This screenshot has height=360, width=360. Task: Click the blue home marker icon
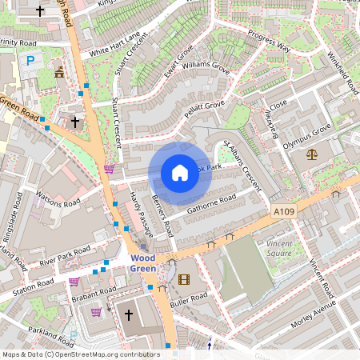180,173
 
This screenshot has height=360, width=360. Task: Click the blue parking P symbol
30,60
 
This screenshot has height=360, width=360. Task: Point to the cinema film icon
185,279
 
